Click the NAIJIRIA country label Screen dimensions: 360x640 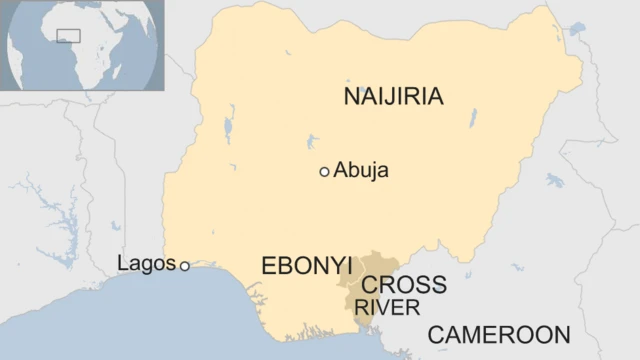(393, 96)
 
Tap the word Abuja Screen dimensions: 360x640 (361, 171)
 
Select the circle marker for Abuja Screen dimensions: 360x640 (324, 172)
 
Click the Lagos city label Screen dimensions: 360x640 (146, 264)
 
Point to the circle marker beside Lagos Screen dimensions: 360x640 (184, 265)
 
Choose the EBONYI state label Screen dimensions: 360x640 (306, 266)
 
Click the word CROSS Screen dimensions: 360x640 (404, 285)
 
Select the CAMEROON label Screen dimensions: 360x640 (499, 335)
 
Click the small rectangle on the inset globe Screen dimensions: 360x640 (68, 36)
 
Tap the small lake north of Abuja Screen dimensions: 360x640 (314, 139)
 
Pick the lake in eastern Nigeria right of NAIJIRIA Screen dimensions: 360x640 (473, 118)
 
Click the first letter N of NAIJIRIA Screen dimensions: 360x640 (350, 96)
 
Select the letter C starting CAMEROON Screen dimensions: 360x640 (436, 335)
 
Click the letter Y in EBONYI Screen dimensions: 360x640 (334, 266)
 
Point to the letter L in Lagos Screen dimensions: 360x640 (122, 264)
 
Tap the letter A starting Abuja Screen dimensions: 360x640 (340, 171)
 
